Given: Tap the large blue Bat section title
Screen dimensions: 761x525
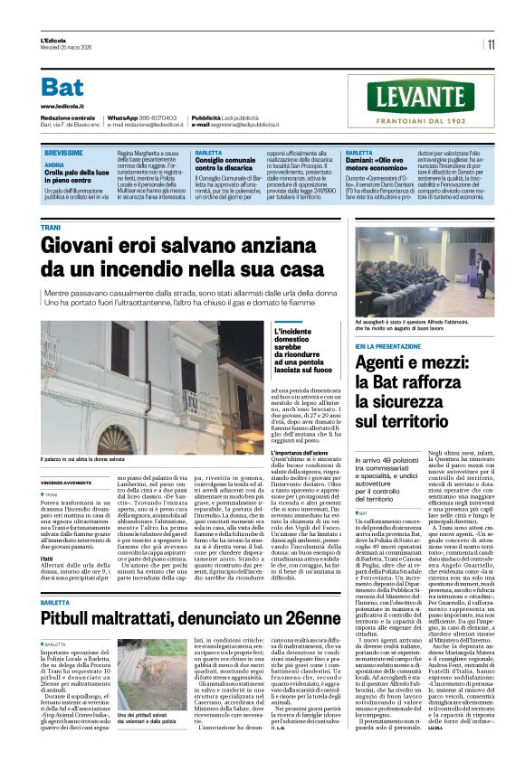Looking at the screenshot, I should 62,89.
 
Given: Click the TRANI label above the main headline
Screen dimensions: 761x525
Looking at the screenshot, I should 52,203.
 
